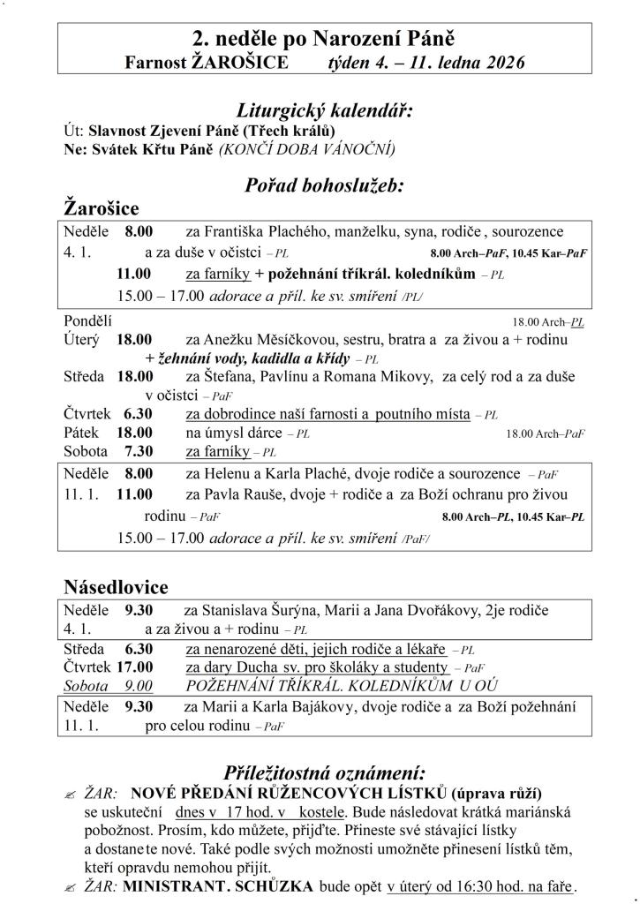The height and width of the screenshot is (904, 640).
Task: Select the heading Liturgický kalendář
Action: pos(325,111)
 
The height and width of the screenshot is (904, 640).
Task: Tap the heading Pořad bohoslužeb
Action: pos(324,186)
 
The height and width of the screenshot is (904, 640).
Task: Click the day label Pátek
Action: pos(81,433)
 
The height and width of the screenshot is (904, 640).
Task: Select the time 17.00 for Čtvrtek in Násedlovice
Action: pos(134,668)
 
